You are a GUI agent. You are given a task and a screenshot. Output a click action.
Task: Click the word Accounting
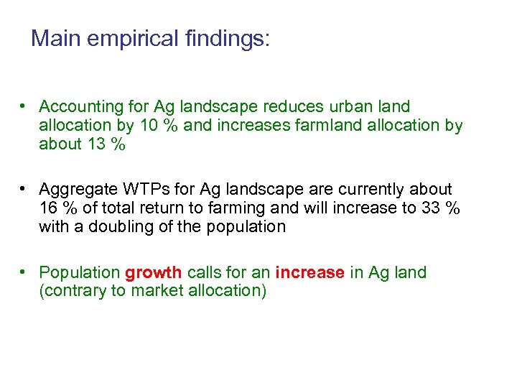pos(82,107)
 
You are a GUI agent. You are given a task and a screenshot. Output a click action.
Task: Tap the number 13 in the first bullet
pos(96,144)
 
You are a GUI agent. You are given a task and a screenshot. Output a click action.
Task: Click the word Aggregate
pos(76,190)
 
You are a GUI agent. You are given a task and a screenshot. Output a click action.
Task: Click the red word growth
pos(154,273)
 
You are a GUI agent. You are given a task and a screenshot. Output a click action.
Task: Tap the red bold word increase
pos(309,273)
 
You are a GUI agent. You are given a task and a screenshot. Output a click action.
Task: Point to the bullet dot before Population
pos(24,272)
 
